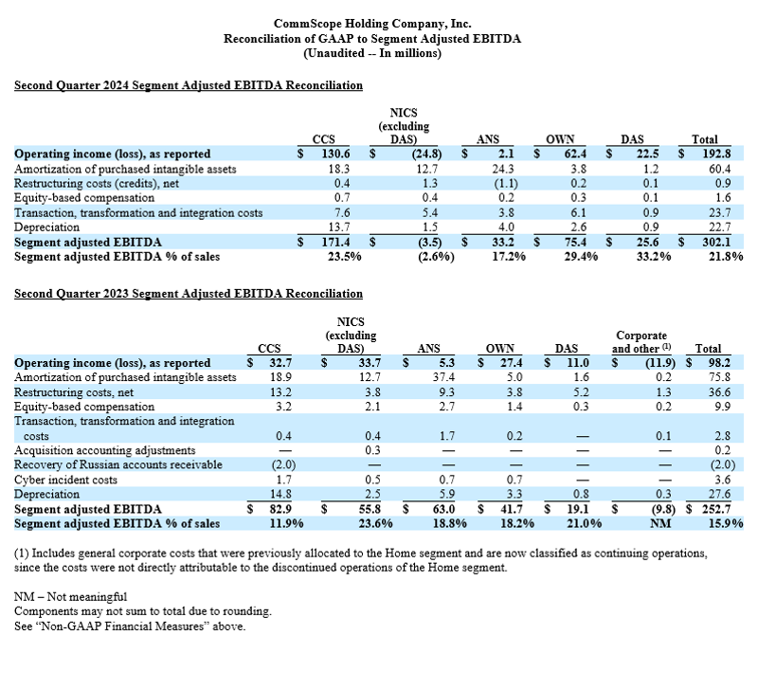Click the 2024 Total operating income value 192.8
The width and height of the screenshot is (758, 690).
[701, 154]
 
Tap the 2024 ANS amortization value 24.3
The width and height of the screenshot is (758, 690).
[493, 168]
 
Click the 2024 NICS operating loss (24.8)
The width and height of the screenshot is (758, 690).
[404, 154]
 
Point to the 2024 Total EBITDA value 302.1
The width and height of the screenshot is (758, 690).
[701, 242]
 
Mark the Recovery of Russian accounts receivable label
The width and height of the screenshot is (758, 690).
[118, 463]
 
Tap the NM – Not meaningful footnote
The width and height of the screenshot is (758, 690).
[72, 597]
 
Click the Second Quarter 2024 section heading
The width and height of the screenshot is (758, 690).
[189, 85]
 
